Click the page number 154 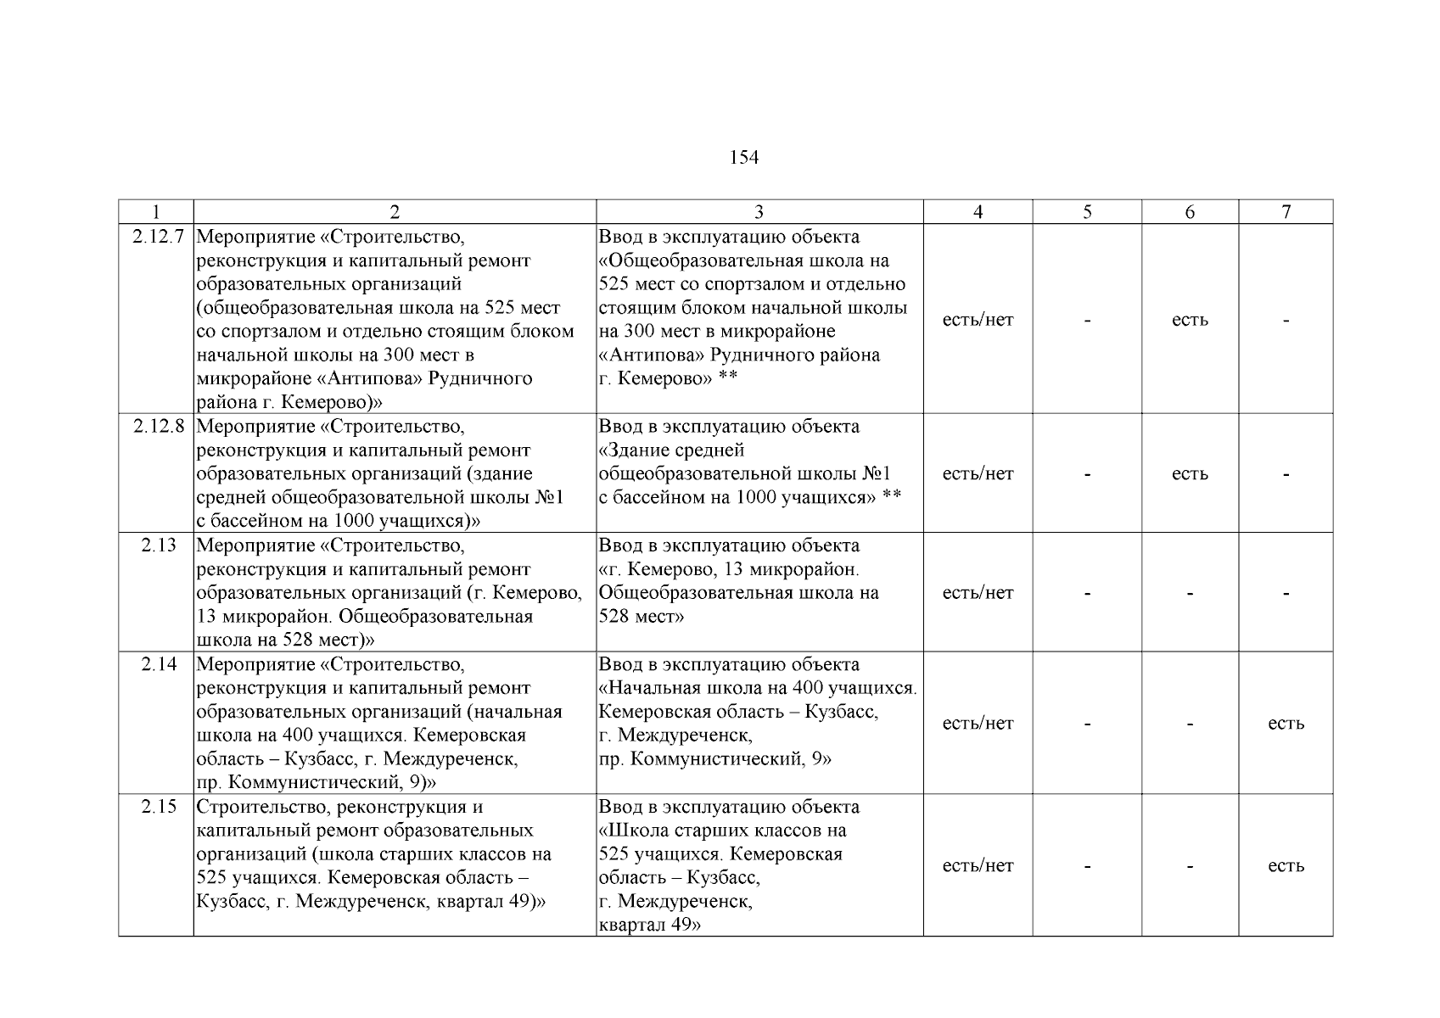click(x=743, y=158)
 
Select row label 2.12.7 click(x=158, y=237)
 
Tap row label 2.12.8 click(x=158, y=426)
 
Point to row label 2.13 click(x=159, y=545)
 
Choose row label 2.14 click(x=159, y=663)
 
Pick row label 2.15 click(x=159, y=806)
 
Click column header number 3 click(x=759, y=212)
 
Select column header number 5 click(x=1087, y=212)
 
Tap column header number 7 click(x=1286, y=212)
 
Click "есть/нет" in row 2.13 click(x=978, y=593)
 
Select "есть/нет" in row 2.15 click(x=978, y=866)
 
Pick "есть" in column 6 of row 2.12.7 click(x=1190, y=321)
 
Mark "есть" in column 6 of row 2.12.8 click(x=1190, y=474)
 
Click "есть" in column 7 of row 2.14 click(x=1286, y=724)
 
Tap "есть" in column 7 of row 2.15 click(x=1286, y=866)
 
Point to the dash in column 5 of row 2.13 click(x=1087, y=594)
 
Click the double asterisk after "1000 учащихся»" click(x=891, y=495)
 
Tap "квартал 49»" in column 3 click(x=650, y=925)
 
